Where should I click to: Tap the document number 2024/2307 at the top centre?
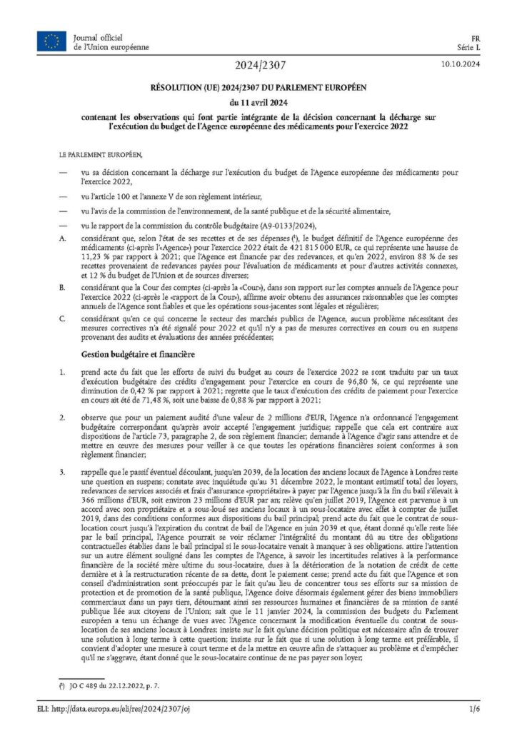(258, 66)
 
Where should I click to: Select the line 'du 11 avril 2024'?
(258, 102)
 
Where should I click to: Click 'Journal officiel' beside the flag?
(97, 36)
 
